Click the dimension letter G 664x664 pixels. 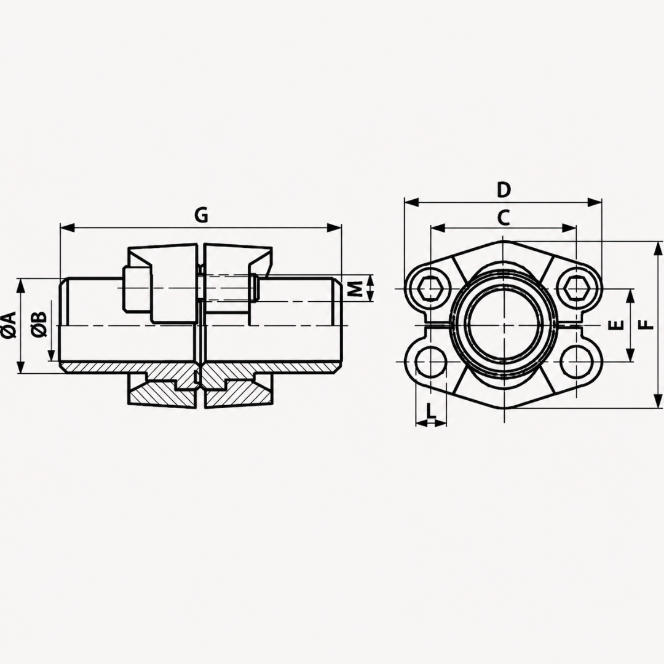(x=202, y=216)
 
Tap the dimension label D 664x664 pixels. (x=504, y=190)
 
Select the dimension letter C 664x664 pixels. (x=503, y=218)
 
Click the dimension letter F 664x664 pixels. (x=646, y=325)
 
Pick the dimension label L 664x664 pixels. (x=430, y=410)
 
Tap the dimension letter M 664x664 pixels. (x=357, y=288)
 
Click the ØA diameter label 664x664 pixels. (x=9, y=325)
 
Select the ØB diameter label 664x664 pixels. (x=39, y=325)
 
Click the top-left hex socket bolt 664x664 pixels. (x=430, y=289)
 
